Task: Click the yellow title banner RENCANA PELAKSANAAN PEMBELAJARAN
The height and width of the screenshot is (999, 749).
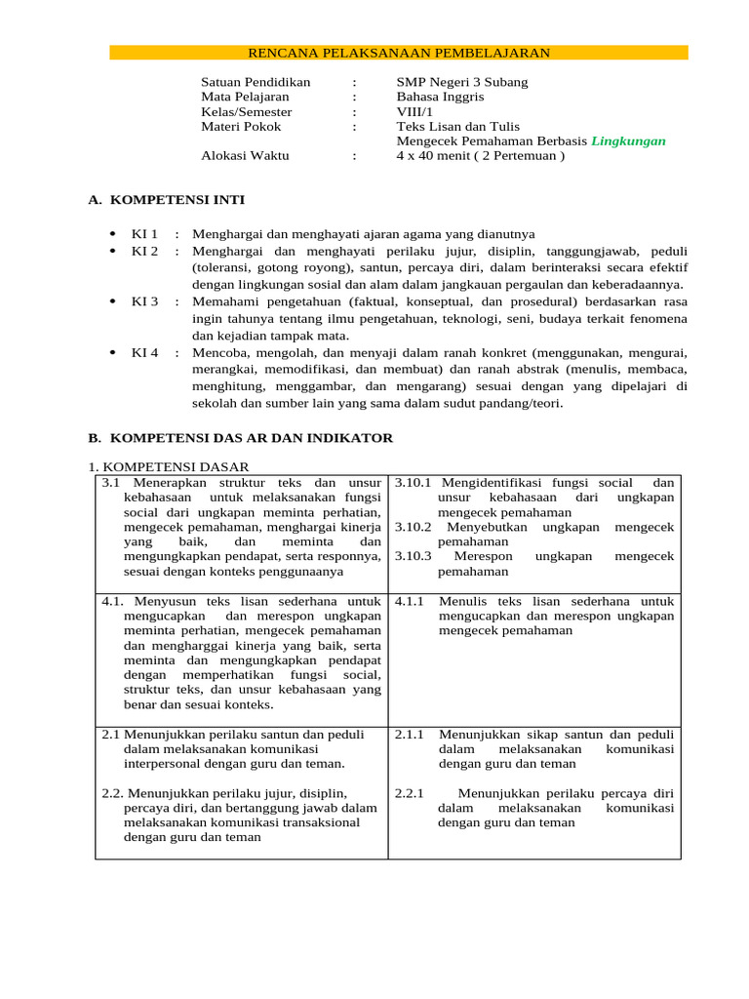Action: coord(398,53)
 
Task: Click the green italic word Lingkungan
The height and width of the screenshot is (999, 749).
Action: coord(628,140)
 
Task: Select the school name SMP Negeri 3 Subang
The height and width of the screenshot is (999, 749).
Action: coord(461,82)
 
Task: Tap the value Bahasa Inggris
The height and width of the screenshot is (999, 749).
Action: coord(440,97)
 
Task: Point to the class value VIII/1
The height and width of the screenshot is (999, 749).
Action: coord(414,111)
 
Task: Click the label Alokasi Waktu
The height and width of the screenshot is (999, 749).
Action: coord(245,155)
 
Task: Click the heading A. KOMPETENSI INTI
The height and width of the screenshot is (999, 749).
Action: coord(166,200)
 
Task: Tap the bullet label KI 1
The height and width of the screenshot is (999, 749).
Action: coord(144,234)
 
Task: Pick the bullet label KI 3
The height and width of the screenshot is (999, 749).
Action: coord(144,301)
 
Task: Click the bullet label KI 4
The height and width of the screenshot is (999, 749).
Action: coord(144,352)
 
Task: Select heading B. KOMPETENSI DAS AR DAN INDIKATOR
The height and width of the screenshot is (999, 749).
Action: coord(240,438)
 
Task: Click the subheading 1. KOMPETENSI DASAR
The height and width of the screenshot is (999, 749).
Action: coord(169,467)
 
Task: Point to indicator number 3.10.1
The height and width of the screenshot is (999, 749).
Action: coord(414,483)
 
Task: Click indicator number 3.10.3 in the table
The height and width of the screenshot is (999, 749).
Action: coord(414,556)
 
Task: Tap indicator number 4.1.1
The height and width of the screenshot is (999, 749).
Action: coord(409,601)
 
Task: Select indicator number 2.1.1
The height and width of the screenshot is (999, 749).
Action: coord(409,735)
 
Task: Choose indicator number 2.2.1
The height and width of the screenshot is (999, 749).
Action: coord(409,793)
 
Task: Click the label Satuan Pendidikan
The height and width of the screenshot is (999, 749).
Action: coord(256,82)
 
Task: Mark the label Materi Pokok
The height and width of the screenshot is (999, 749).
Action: coord(241,126)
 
